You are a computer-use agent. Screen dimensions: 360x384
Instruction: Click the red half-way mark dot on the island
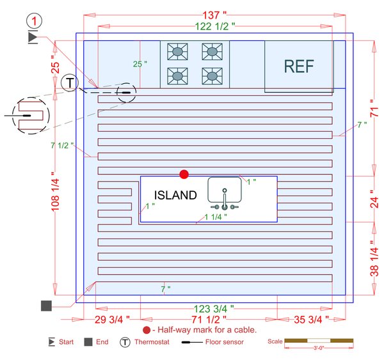184,174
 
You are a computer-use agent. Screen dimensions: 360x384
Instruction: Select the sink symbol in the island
223,193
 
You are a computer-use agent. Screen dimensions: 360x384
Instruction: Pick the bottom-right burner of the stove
211,75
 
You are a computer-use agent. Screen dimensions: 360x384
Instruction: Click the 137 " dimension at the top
214,15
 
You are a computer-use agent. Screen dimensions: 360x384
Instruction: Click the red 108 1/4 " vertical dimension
56,191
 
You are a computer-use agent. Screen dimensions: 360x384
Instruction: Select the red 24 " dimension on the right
377,198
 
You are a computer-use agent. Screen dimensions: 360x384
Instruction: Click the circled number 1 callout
34,22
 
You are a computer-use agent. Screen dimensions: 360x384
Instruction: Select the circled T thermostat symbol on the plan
69,82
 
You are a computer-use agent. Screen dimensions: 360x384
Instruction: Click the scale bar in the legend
318,341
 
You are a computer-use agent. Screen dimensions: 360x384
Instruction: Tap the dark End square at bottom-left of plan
46,306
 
